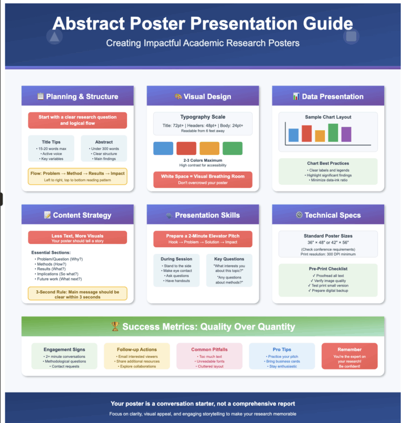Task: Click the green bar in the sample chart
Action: click(333, 133)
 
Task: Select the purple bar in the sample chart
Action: click(346, 134)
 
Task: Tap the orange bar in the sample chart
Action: click(320, 136)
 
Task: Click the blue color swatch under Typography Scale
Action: click(163, 148)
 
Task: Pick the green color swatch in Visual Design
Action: click(232, 148)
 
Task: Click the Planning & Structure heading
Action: click(78, 97)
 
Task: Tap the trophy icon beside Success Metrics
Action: click(115, 327)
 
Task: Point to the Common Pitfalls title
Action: click(209, 350)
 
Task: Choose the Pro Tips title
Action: click(282, 350)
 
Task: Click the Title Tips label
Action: click(51, 142)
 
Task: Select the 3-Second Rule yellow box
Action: click(78, 294)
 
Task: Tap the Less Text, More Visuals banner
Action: click(78, 238)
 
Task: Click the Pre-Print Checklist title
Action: click(327, 269)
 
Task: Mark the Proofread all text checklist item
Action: click(327, 276)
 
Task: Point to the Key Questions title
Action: click(229, 259)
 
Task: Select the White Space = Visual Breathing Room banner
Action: click(203, 179)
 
